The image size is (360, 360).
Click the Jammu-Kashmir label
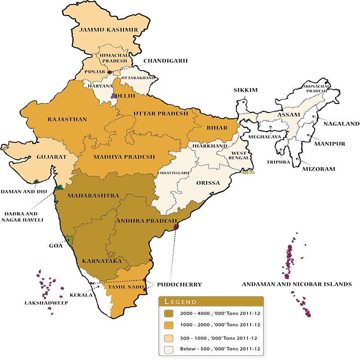click(x=108, y=30)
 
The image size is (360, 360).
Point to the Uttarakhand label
click(x=138, y=78)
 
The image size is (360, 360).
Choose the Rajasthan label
click(x=67, y=119)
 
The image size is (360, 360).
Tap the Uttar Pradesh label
click(x=160, y=113)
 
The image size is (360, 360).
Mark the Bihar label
click(x=217, y=128)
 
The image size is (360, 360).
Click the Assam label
click(x=288, y=115)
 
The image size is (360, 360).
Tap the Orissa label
click(x=208, y=183)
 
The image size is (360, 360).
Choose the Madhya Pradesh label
click(x=124, y=157)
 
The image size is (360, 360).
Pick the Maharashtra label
click(x=93, y=195)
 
